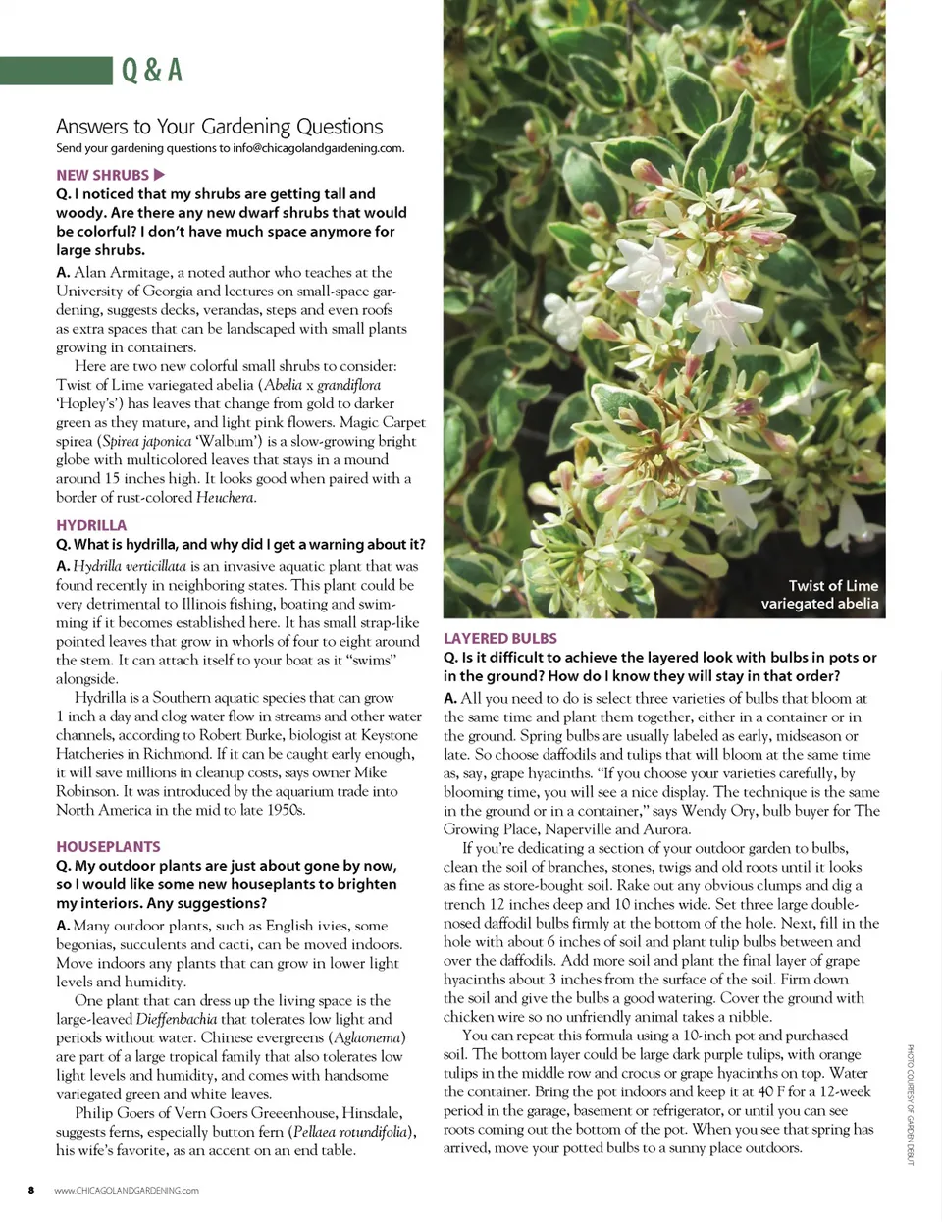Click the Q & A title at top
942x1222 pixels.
click(x=152, y=71)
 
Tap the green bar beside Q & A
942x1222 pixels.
click(x=56, y=71)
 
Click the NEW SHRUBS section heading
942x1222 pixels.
click(x=102, y=175)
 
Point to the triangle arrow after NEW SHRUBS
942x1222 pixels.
click(x=160, y=175)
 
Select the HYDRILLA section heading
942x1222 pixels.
click(x=91, y=525)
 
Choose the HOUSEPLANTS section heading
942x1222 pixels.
click(x=108, y=846)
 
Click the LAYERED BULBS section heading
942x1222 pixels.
click(x=500, y=638)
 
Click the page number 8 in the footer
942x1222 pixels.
click(x=31, y=1190)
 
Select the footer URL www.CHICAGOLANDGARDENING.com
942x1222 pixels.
click(x=127, y=1190)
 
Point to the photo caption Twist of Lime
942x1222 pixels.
click(x=820, y=595)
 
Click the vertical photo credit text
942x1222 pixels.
click(x=910, y=1104)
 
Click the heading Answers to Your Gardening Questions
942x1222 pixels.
click(x=219, y=127)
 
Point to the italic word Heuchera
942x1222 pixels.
click(x=226, y=498)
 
